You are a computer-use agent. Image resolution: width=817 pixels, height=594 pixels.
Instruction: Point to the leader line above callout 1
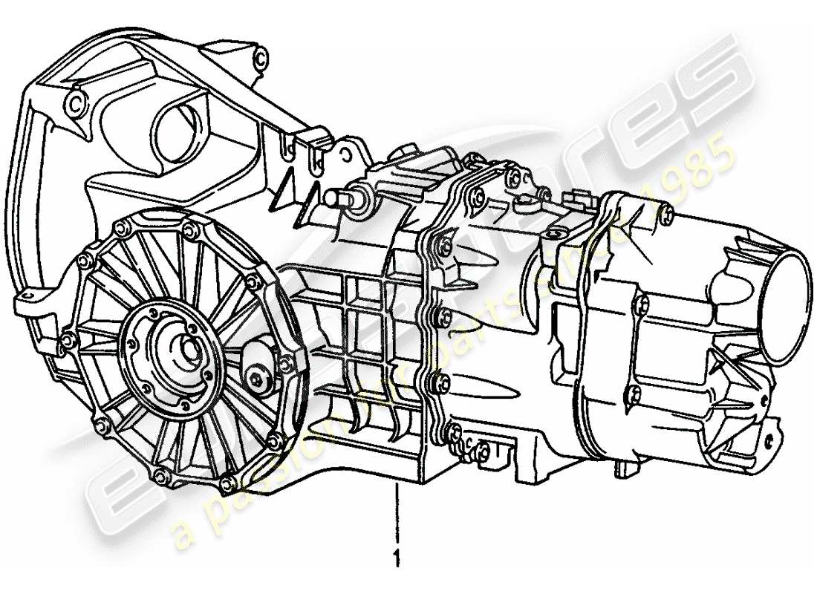pos(398,512)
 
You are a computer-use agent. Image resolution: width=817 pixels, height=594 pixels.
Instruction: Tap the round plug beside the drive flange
pos(256,379)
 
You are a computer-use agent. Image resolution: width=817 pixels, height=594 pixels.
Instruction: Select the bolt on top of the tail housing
pos(668,215)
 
